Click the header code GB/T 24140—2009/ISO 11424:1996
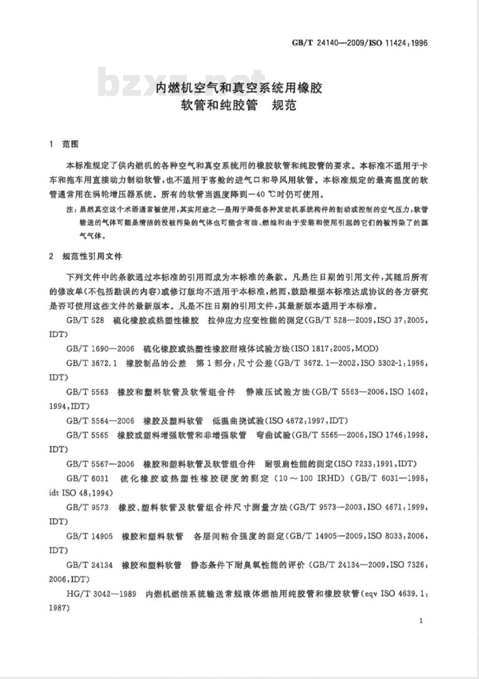359,43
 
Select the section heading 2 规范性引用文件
86,256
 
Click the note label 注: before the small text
70,210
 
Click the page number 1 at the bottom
420,621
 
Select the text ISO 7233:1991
365,464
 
